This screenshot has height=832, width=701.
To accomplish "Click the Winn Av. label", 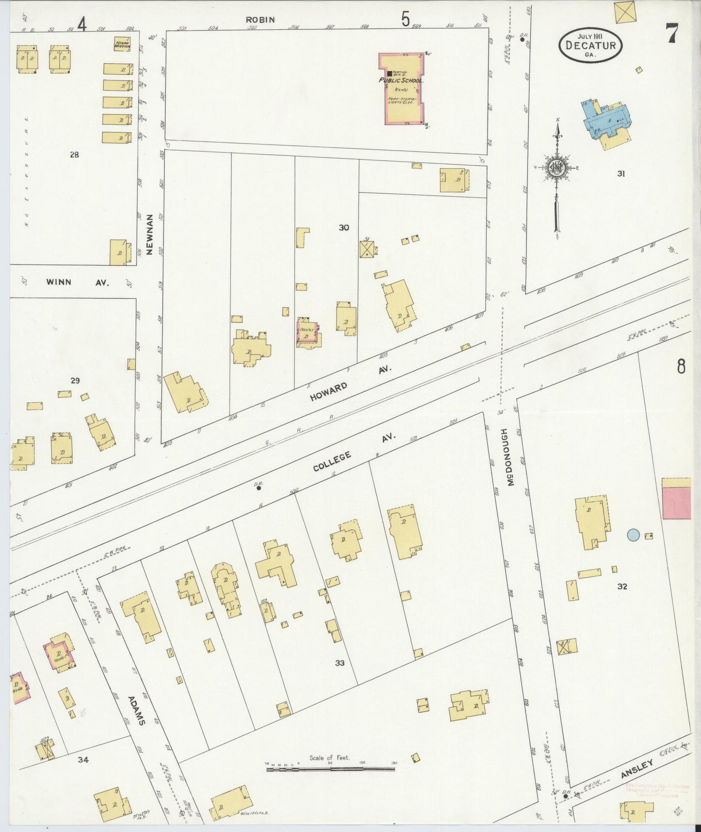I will click(x=78, y=282).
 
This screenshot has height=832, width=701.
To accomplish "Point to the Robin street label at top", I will click(x=260, y=20).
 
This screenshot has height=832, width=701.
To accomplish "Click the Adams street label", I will click(x=136, y=711).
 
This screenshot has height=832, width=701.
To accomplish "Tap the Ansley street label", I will click(x=636, y=769).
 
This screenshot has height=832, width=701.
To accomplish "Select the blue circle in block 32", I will click(x=633, y=535).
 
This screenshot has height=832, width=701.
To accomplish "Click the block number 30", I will click(x=344, y=227).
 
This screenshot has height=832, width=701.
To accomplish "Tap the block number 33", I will click(x=340, y=663).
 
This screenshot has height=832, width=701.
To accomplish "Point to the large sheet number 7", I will click(x=671, y=33).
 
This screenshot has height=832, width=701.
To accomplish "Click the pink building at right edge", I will click(x=677, y=503).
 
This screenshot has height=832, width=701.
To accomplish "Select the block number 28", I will click(x=74, y=155).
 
